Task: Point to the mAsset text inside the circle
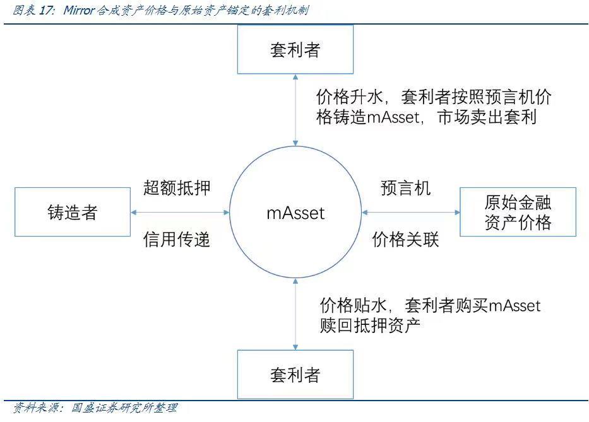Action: pyautogui.click(x=295, y=213)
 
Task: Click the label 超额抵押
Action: pyautogui.click(x=177, y=187)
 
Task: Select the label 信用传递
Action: pyautogui.click(x=177, y=239)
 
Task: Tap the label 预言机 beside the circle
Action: pyautogui.click(x=406, y=188)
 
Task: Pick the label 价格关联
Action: pyautogui.click(x=406, y=239)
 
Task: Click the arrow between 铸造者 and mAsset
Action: pyautogui.click(x=180, y=213)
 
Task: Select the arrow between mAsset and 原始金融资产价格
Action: pyautogui.click(x=410, y=213)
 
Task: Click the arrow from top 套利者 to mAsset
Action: pyautogui.click(x=295, y=110)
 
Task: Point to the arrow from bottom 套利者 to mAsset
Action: pyautogui.click(x=295, y=314)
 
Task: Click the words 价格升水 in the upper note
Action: pyautogui.click(x=349, y=97)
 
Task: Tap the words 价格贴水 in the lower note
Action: pyautogui.click(x=353, y=305)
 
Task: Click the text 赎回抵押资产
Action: pyautogui.click(x=370, y=325)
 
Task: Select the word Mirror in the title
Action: pyautogui.click(x=79, y=10)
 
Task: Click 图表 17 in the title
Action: pyautogui.click(x=33, y=10)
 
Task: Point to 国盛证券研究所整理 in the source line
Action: pyautogui.click(x=124, y=407)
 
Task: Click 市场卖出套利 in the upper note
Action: pyautogui.click(x=487, y=117)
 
